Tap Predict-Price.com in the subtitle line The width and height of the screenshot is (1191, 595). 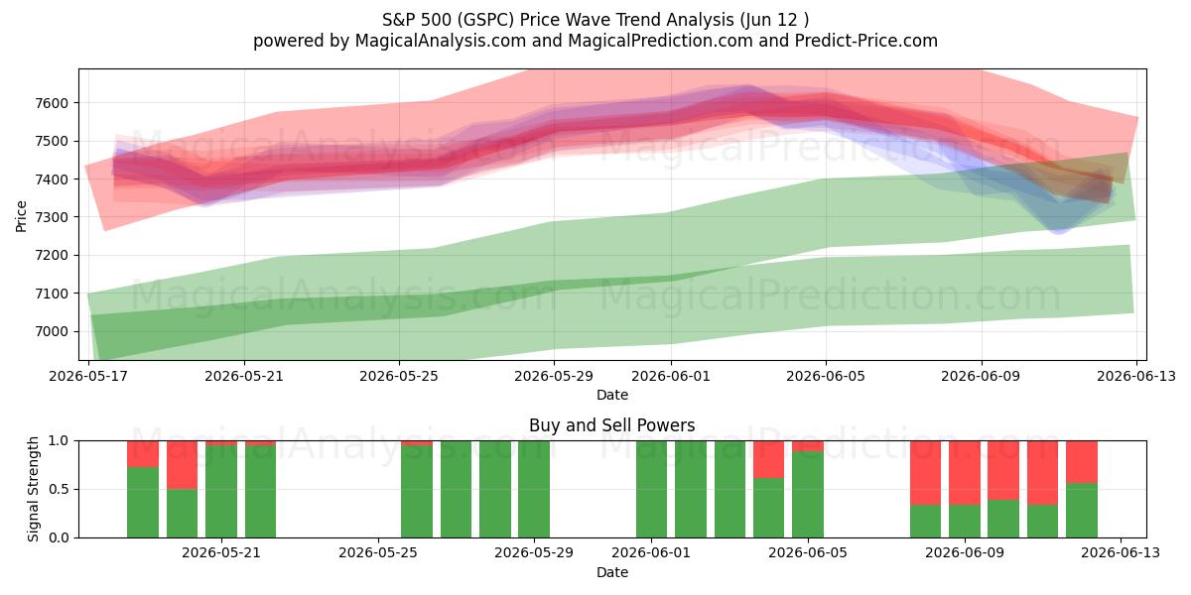pyautogui.click(x=866, y=41)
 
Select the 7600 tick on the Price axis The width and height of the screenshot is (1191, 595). pyautogui.click(x=52, y=103)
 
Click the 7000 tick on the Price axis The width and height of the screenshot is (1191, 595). pyautogui.click(x=52, y=331)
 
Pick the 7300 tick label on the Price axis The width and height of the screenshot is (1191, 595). pyautogui.click(x=52, y=217)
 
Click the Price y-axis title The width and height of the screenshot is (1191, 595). pyautogui.click(x=21, y=216)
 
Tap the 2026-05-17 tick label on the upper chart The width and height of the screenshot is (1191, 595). pyautogui.click(x=88, y=376)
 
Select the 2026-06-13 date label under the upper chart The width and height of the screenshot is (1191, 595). pyautogui.click(x=1136, y=376)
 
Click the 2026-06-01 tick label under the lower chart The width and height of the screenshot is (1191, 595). pyautogui.click(x=651, y=552)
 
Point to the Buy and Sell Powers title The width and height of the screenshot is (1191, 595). pyautogui.click(x=611, y=425)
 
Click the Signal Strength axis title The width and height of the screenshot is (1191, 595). pyautogui.click(x=33, y=489)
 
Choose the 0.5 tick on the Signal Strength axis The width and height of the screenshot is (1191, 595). pyautogui.click(x=59, y=489)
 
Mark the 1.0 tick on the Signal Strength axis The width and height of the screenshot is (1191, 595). pyautogui.click(x=59, y=441)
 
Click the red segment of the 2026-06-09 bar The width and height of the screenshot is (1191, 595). pyautogui.click(x=965, y=473)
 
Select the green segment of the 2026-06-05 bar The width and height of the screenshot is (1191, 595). pyautogui.click(x=808, y=495)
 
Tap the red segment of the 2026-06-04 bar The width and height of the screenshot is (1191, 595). pyautogui.click(x=768, y=459)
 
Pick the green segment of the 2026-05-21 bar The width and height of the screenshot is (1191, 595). pyautogui.click(x=221, y=492)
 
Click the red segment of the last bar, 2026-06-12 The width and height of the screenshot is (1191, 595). pyautogui.click(x=1082, y=462)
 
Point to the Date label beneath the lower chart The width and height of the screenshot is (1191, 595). pyautogui.click(x=612, y=572)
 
